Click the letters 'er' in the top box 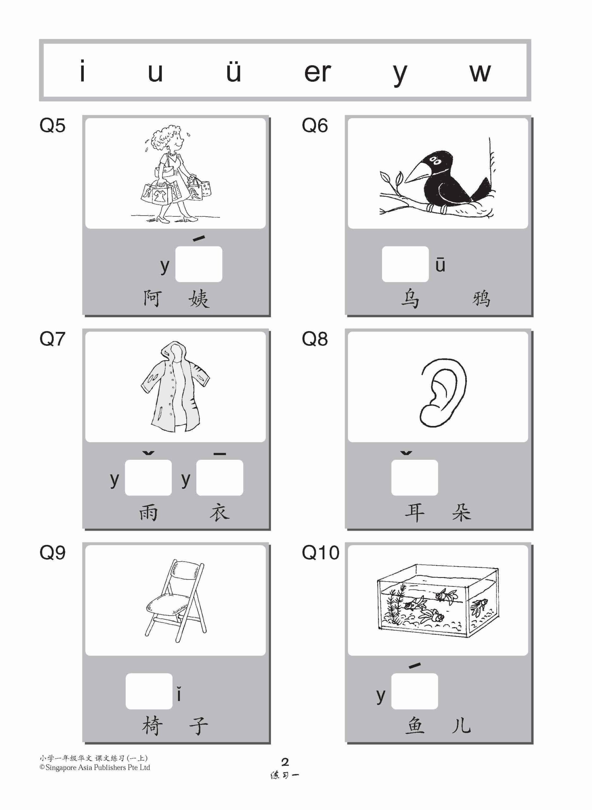pos(317,73)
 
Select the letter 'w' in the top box pos(479,73)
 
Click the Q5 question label pos(52,126)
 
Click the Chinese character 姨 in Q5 pos(199,299)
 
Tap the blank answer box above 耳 pos(414,477)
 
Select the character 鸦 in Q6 pos(481,299)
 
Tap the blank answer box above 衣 pos(219,477)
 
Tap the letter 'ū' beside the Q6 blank pos(441,264)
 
